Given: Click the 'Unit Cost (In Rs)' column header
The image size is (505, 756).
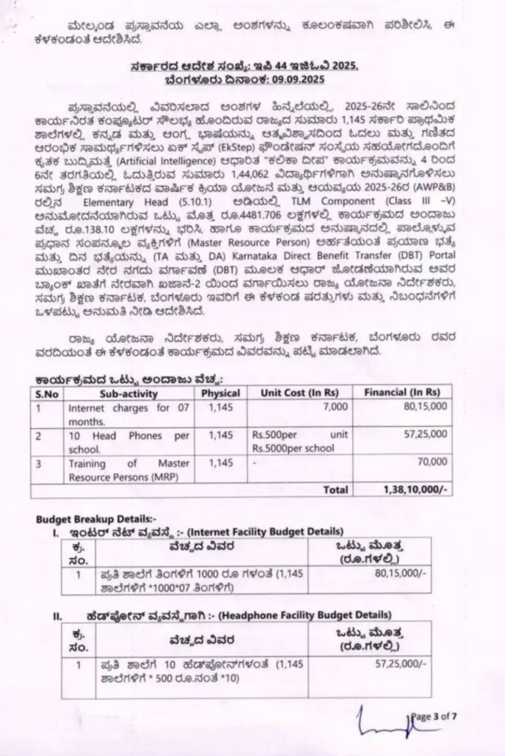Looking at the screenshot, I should (294, 393).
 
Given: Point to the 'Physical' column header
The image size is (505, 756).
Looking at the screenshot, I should (220, 393).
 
